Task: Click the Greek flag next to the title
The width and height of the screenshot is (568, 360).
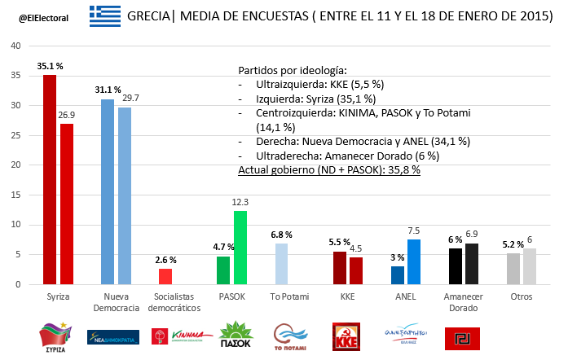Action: click(x=105, y=15)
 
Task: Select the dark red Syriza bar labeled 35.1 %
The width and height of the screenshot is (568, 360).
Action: click(x=50, y=179)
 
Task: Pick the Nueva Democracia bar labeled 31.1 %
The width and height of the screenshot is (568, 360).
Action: click(x=108, y=191)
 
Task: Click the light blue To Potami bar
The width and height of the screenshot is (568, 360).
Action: click(x=280, y=264)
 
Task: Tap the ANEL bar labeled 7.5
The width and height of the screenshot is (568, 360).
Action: click(x=415, y=261)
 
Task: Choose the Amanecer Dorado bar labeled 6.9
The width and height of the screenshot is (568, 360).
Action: click(x=472, y=264)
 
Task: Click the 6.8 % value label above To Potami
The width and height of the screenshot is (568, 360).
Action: click(x=280, y=235)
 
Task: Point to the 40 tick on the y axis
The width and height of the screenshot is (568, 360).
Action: click(x=15, y=46)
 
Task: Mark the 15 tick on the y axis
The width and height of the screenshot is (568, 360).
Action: click(x=15, y=195)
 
